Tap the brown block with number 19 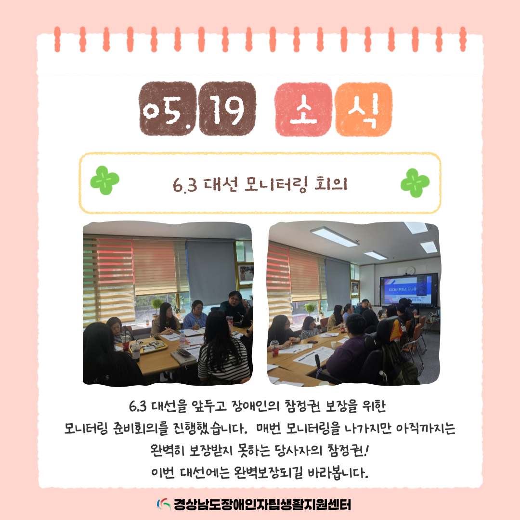pyautogui.click(x=227, y=108)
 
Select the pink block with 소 pyautogui.click(x=303, y=109)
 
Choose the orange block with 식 pyautogui.click(x=364, y=109)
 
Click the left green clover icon pyautogui.click(x=104, y=180)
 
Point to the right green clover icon pyautogui.click(x=415, y=183)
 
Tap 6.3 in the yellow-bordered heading pyautogui.click(x=185, y=185)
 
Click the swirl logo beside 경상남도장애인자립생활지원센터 pyautogui.click(x=164, y=505)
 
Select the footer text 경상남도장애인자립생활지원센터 pyautogui.click(x=262, y=505)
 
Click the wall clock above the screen pyautogui.click(x=411, y=271)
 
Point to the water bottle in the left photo pyautogui.click(x=182, y=339)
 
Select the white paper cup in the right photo pyautogui.click(x=333, y=344)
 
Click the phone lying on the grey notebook pyautogui.click(x=183, y=351)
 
